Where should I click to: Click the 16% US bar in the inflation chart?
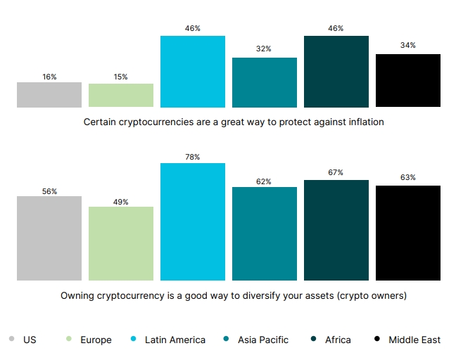click(49, 95)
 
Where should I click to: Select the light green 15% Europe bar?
click(121, 96)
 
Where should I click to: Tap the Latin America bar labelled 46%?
click(193, 71)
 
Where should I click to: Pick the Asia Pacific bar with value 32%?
click(265, 82)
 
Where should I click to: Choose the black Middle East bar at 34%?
click(408, 81)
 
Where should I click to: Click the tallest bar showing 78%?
click(193, 221)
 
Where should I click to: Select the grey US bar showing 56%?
click(49, 238)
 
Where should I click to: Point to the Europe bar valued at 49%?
click(121, 243)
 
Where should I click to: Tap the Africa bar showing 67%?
click(336, 230)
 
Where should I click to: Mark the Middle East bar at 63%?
click(408, 233)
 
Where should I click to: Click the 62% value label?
click(264, 181)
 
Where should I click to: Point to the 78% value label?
click(192, 157)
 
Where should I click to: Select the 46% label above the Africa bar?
click(336, 29)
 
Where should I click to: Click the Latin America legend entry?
click(175, 340)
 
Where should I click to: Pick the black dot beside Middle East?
click(377, 340)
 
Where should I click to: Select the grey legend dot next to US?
click(12, 340)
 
